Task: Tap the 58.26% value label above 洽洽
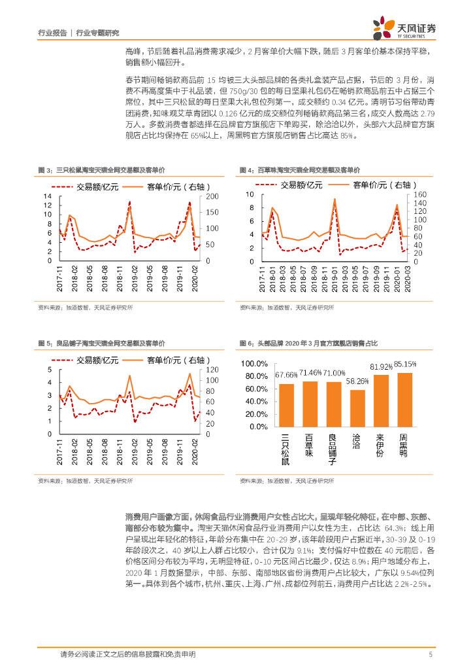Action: pyautogui.click(x=357, y=381)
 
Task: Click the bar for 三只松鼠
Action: pyautogui.click(x=286, y=406)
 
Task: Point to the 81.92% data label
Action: pyautogui.click(x=381, y=366)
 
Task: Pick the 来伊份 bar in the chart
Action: pyautogui.click(x=381, y=402)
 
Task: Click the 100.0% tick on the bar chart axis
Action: pyautogui.click(x=257, y=364)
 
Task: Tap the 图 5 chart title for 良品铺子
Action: pyautogui.click(x=102, y=343)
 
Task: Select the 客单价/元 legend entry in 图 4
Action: pyautogui.click(x=377, y=185)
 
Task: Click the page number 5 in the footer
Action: pyautogui.click(x=431, y=654)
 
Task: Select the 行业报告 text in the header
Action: pyautogui.click(x=52, y=31)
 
